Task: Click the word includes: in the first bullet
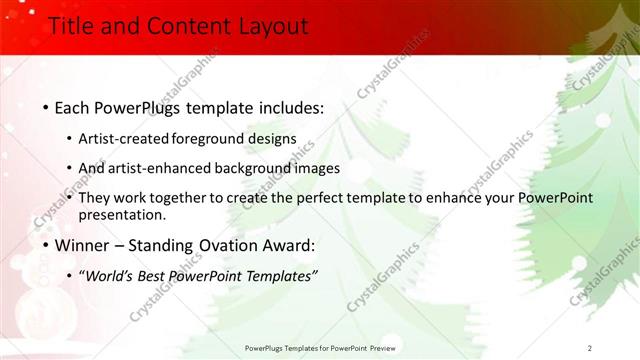[286, 106]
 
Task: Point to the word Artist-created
[123, 139]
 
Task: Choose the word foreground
[213, 139]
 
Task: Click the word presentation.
[121, 214]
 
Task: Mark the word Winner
[83, 245]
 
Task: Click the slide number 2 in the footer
[590, 348]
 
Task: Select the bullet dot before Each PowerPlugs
[45, 107]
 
